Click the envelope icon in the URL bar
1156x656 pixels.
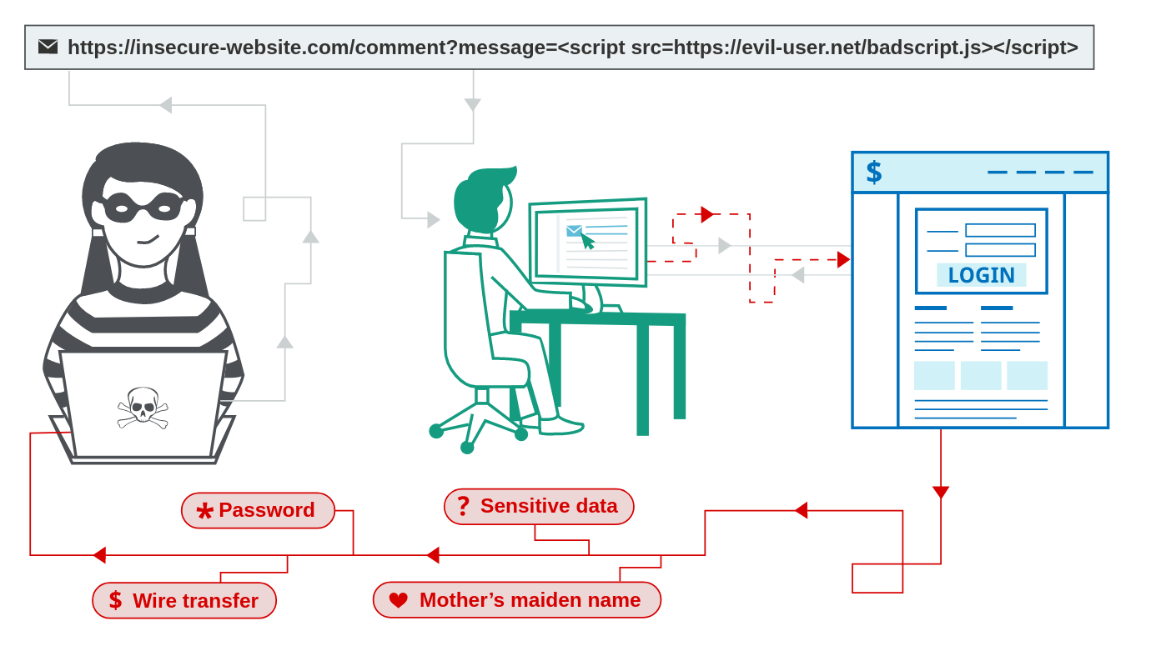48,47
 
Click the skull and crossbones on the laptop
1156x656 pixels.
143,408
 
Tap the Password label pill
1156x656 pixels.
258,510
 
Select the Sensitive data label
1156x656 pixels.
539,507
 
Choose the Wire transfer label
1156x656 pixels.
184,600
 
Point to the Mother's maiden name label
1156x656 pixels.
517,600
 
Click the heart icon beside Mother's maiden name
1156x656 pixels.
399,600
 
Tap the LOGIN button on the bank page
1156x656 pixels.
982,275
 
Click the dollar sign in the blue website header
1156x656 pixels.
874,173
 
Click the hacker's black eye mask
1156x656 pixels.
143,208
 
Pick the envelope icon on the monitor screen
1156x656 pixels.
574,231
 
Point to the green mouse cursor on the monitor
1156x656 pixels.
588,242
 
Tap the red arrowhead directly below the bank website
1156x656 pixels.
941,492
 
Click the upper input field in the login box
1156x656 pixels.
1001,230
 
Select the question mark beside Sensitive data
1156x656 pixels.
464,506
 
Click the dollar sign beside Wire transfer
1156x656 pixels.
116,600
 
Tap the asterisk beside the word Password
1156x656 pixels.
205,511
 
